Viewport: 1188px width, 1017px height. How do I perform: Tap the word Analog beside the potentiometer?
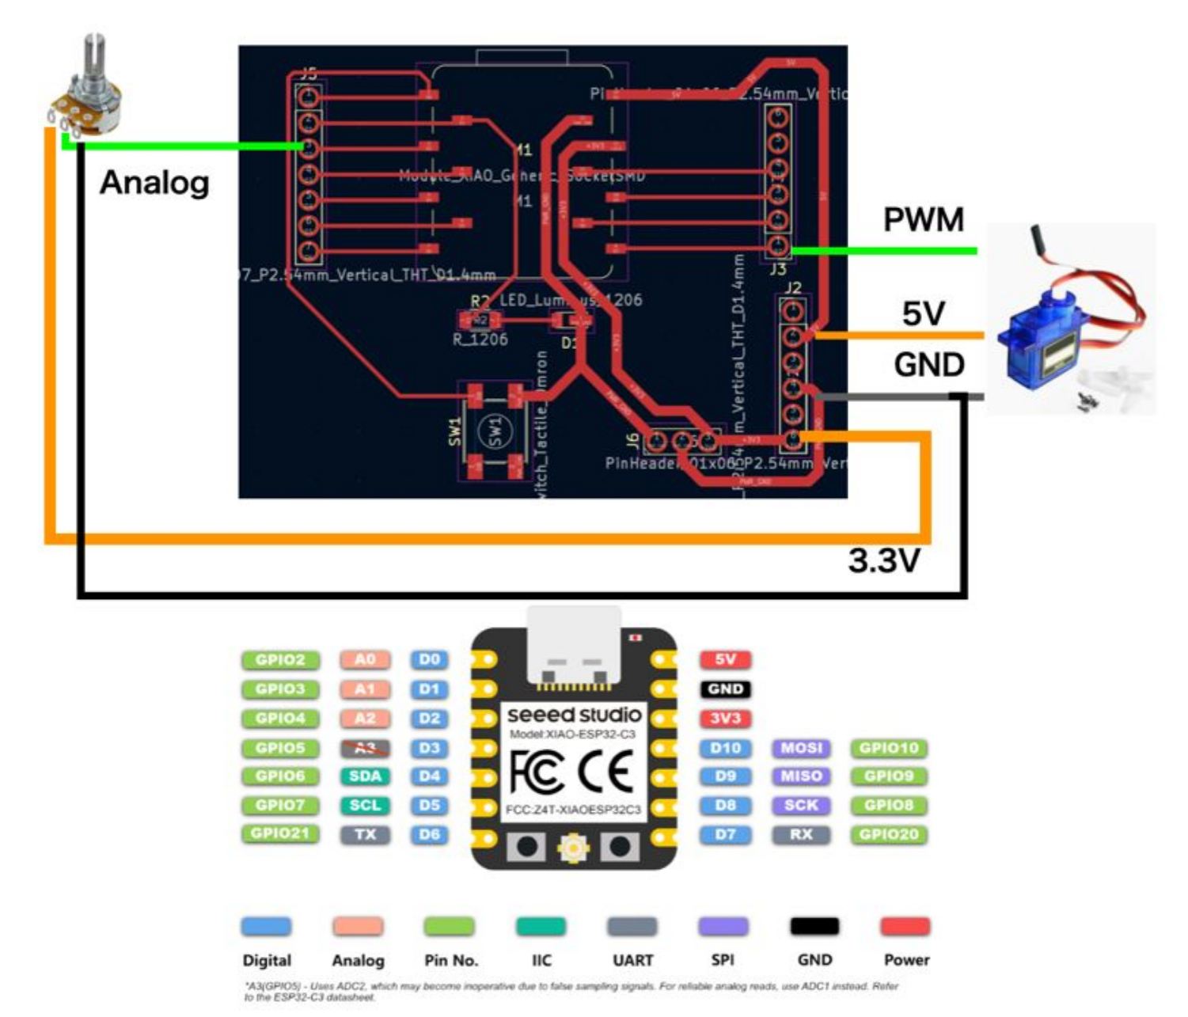pyautogui.click(x=155, y=183)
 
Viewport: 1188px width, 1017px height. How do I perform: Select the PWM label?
pyautogui.click(x=924, y=220)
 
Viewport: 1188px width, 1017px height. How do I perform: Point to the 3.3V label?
pyautogui.click(x=884, y=561)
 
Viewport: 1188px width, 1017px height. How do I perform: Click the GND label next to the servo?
pyautogui.click(x=929, y=365)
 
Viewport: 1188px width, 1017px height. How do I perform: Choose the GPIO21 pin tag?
pyautogui.click(x=280, y=833)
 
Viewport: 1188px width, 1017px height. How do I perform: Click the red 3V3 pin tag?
pyautogui.click(x=725, y=719)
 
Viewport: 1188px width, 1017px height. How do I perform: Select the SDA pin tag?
pyautogui.click(x=365, y=776)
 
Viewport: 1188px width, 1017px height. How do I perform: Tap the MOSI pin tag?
pyautogui.click(x=801, y=748)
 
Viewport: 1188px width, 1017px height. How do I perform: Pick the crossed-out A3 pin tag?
pyautogui.click(x=365, y=748)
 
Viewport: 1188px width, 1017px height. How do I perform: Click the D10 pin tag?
pyautogui.click(x=725, y=748)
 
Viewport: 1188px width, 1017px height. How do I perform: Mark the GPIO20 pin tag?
pyautogui.click(x=889, y=834)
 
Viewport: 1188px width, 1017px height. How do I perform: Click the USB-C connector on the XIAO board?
pyautogui.click(x=574, y=645)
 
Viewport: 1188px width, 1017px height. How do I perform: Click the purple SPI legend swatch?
pyautogui.click(x=723, y=926)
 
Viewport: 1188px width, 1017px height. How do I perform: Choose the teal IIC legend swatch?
pyautogui.click(x=541, y=926)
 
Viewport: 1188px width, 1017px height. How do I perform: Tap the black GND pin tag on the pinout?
pyautogui.click(x=725, y=689)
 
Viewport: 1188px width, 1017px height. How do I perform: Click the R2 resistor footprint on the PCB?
pyautogui.click(x=480, y=321)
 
